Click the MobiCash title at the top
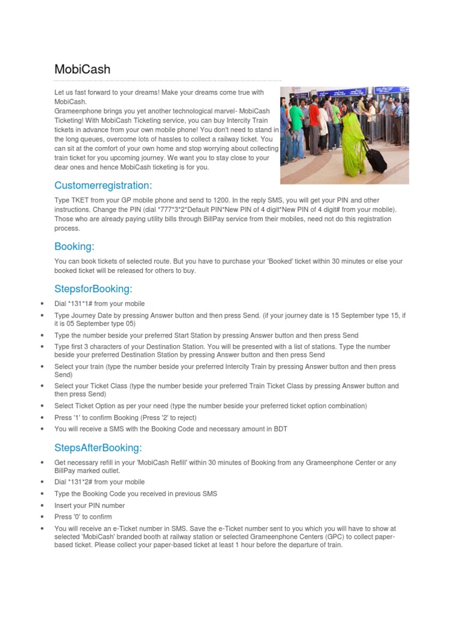pyautogui.click(x=83, y=69)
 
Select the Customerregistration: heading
pyautogui.click(x=103, y=184)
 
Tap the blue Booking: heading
pyautogui.click(x=75, y=246)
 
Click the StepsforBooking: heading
pyautogui.click(x=93, y=289)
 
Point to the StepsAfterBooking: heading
pyautogui.click(x=98, y=447)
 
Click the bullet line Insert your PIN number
pyautogui.click(x=90, y=506)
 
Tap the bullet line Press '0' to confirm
pyautogui.click(x=83, y=517)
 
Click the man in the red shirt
pyautogui.click(x=315, y=114)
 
